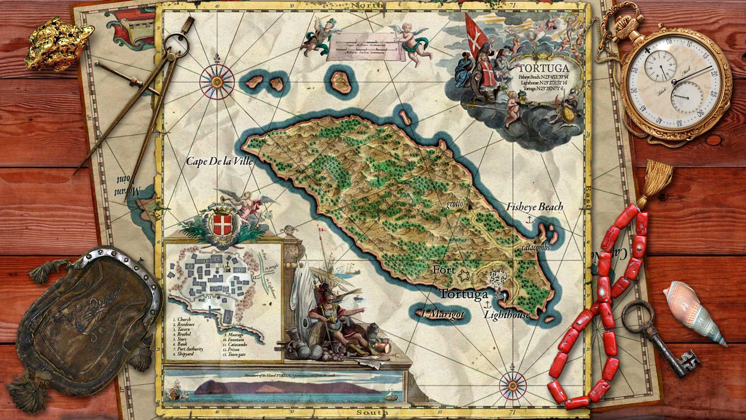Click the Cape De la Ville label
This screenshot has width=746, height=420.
220,161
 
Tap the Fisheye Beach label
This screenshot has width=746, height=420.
534,207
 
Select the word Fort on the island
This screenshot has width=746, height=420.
444,269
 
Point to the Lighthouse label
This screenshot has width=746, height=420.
507,315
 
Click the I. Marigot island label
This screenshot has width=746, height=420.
443,314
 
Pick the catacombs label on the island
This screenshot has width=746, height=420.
535,247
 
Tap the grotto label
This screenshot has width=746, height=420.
454,204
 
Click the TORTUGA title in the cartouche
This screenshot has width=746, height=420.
544,68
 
